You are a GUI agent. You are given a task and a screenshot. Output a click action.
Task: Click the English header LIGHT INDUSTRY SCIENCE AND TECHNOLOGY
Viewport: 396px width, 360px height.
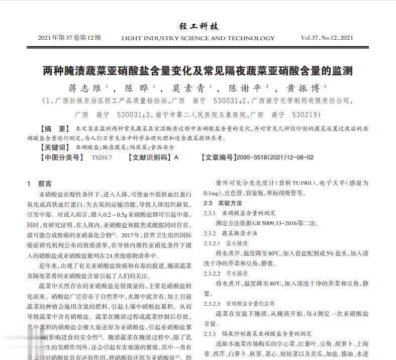[198, 38]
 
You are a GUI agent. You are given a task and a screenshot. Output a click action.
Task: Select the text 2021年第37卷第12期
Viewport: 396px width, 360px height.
[69, 38]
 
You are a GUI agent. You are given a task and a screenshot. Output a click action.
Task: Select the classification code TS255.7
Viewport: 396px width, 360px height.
[103, 157]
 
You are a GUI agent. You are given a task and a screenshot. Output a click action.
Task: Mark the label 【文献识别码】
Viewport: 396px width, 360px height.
[149, 157]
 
